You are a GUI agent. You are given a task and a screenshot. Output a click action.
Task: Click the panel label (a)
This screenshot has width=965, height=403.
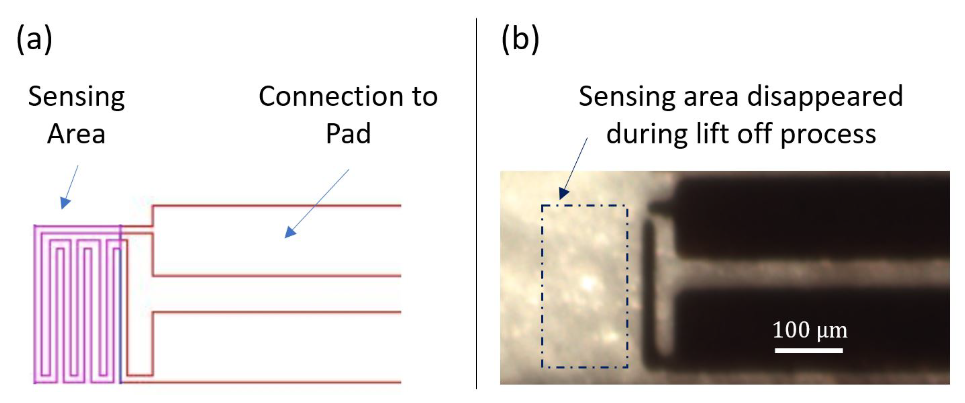(34, 39)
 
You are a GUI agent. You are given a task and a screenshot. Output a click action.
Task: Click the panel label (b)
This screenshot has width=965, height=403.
(520, 39)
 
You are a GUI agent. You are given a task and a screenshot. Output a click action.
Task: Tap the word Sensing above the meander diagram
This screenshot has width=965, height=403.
(76, 97)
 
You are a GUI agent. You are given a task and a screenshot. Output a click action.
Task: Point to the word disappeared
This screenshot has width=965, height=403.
(825, 97)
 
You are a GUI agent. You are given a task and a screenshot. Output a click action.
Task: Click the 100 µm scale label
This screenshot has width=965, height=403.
(809, 331)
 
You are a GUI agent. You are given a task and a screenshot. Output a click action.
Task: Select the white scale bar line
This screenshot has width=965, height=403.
(809, 351)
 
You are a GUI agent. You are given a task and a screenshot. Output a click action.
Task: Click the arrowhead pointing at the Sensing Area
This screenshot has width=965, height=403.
(65, 203)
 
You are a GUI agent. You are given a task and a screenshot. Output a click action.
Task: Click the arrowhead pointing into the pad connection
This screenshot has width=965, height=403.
(290, 232)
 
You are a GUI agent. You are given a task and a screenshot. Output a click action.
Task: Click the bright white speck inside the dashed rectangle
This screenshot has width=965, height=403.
(588, 284)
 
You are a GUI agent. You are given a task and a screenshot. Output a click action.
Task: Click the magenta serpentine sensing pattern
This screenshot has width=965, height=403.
(76, 304)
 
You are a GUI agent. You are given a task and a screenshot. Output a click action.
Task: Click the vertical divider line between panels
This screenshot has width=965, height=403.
(476, 200)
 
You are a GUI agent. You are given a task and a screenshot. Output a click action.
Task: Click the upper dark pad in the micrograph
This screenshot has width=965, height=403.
(813, 216)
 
